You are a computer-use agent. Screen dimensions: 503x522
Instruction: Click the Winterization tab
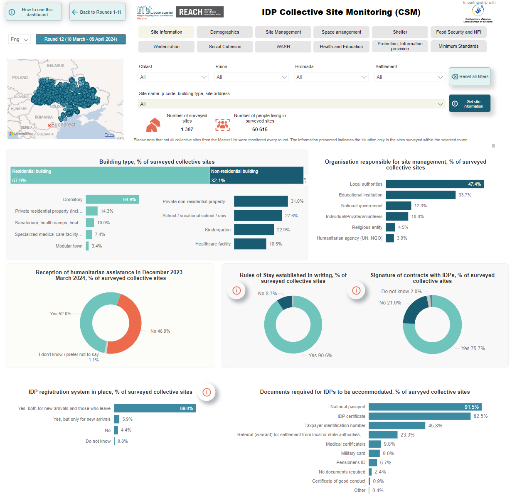click(166, 47)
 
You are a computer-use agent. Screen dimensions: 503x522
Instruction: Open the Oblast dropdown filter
click(173, 77)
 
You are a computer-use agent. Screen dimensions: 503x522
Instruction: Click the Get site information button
click(470, 104)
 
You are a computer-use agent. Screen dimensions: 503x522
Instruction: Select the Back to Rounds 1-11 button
click(97, 12)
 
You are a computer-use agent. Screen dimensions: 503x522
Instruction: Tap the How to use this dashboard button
click(34, 12)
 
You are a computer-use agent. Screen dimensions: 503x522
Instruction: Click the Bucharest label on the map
click(63, 125)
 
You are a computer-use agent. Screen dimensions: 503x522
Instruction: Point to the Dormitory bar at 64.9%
click(112, 199)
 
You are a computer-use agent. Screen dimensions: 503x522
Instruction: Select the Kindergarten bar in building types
click(254, 230)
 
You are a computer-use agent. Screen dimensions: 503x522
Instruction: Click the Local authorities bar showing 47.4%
click(434, 184)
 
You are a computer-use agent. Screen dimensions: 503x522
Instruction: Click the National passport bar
click(425, 407)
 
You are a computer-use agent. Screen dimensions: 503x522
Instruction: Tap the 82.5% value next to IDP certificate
click(480, 416)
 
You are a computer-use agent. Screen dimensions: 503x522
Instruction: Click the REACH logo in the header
click(199, 12)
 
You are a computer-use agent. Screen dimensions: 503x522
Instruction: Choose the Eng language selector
click(19, 39)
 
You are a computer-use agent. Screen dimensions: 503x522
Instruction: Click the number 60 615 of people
click(260, 130)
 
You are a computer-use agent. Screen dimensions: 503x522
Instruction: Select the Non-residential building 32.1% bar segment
click(256, 175)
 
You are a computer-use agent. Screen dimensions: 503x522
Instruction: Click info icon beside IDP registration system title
click(207, 392)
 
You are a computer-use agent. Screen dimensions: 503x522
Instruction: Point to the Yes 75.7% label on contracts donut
click(473, 348)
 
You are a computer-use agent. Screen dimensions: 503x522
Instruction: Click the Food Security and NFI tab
click(458, 32)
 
